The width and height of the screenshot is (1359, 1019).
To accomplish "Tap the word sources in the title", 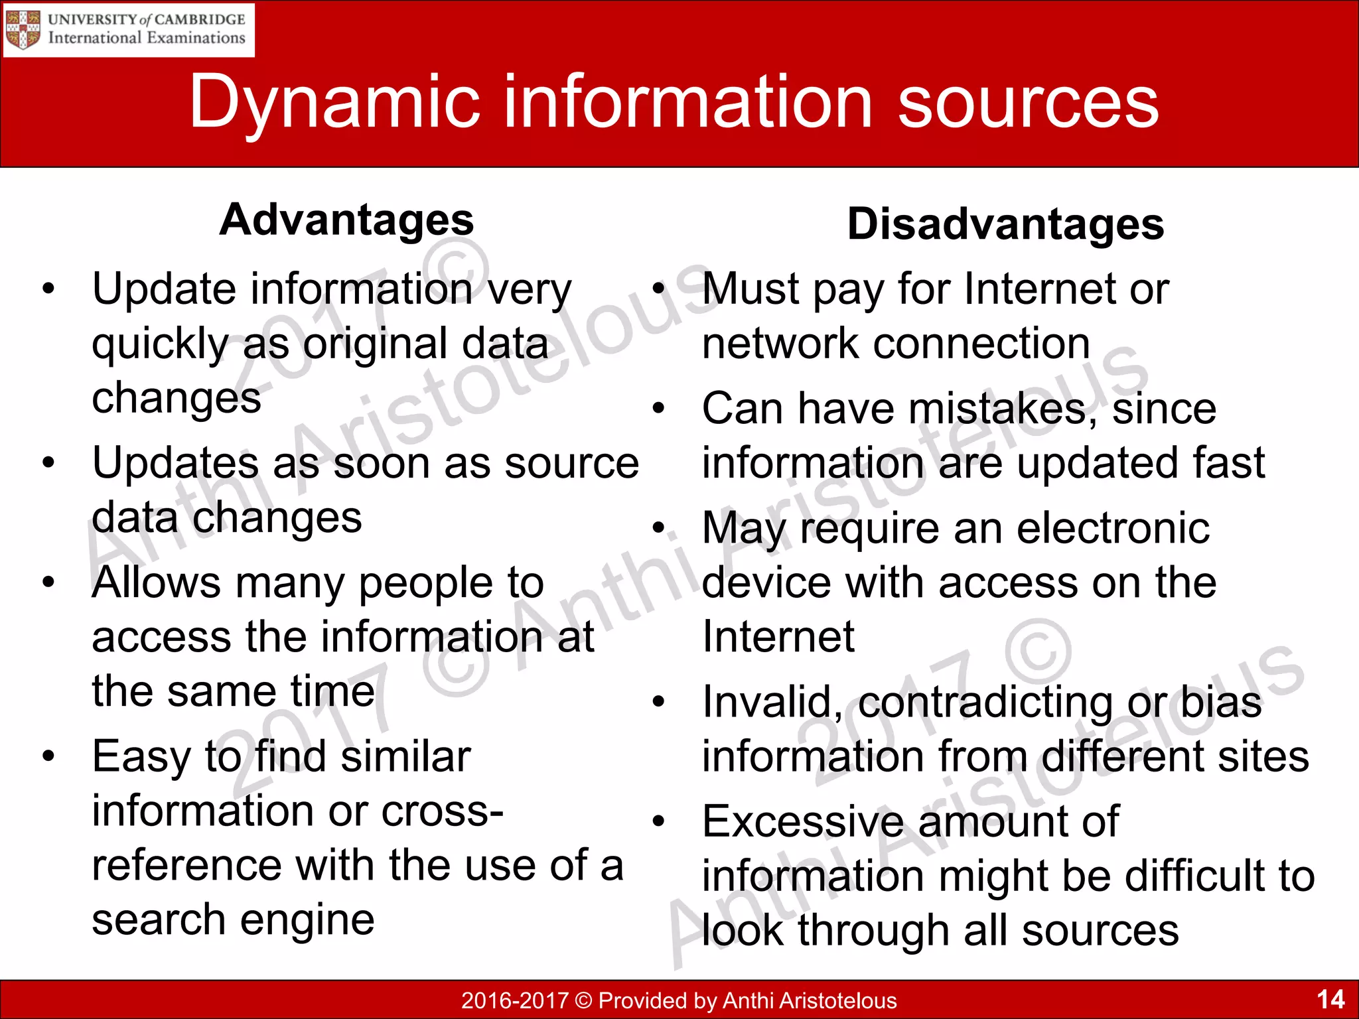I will [1028, 103].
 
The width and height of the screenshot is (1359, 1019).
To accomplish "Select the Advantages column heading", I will [346, 220].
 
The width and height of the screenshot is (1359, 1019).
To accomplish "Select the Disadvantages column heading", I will [1005, 224].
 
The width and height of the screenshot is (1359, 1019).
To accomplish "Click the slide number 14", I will [1330, 999].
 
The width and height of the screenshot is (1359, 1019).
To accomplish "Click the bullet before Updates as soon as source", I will [48, 462].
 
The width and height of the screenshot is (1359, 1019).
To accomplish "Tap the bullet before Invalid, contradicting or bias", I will [658, 702].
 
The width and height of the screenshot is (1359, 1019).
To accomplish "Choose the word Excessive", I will [803, 822].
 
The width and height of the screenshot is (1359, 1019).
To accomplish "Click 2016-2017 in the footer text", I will [514, 1000].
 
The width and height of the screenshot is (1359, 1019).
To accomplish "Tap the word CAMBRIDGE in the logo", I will [200, 19].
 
